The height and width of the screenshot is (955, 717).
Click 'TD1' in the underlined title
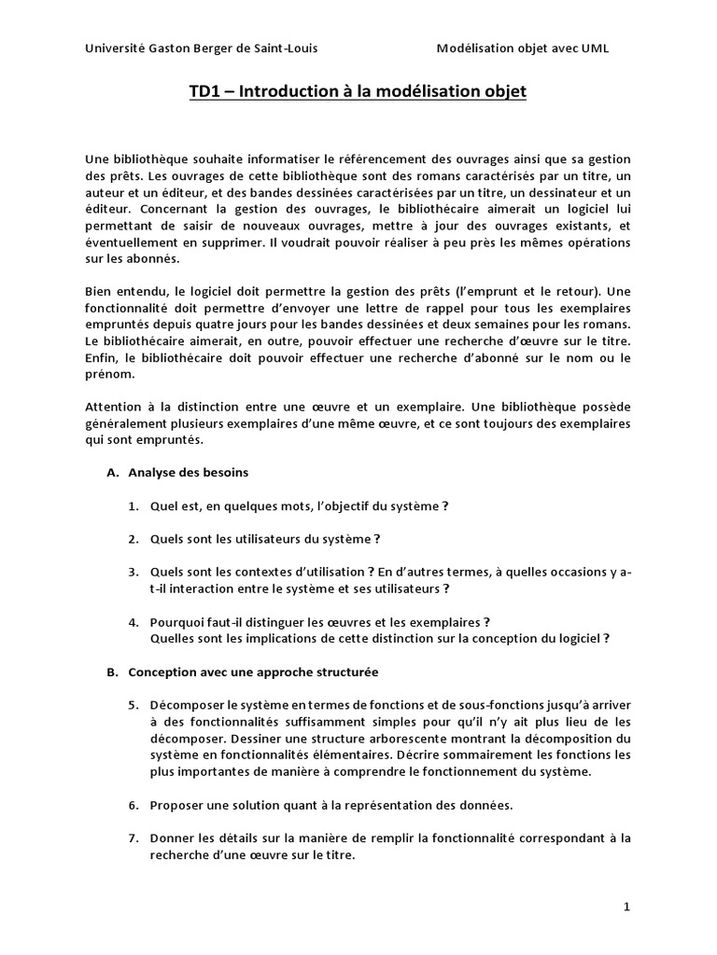point(204,92)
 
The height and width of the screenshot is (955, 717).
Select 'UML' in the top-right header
point(594,48)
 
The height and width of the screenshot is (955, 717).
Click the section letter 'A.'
point(113,473)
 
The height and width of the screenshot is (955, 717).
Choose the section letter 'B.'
point(113,671)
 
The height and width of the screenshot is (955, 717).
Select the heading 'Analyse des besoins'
point(188,473)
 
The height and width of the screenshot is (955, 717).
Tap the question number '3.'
point(134,572)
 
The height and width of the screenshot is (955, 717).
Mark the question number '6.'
point(134,804)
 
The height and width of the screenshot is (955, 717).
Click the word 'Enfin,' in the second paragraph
point(102,358)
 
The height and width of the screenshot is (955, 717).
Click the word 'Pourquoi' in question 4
point(177,622)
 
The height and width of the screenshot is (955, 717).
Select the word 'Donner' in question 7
point(174,837)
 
